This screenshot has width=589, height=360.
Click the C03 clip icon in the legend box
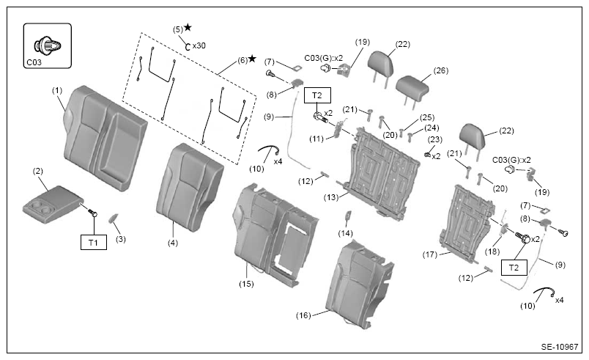(47, 46)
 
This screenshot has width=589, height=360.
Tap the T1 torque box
(94, 243)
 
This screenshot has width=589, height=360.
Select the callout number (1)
(57, 91)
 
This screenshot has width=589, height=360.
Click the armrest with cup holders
(52, 204)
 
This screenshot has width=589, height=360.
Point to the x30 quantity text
(199, 46)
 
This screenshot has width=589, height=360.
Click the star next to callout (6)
(252, 59)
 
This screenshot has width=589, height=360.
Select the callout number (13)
(331, 197)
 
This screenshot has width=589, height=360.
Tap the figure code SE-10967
(559, 347)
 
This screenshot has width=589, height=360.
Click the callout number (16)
(303, 315)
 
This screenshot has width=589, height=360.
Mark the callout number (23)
(435, 139)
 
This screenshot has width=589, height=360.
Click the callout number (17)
(430, 254)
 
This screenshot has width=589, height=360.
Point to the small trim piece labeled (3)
(114, 218)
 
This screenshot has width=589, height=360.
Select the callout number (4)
(173, 243)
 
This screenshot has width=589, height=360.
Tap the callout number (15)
(246, 284)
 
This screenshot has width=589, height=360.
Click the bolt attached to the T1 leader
(92, 213)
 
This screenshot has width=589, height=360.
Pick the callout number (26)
(440, 70)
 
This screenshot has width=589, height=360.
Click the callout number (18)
(492, 251)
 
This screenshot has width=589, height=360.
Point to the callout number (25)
(426, 117)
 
